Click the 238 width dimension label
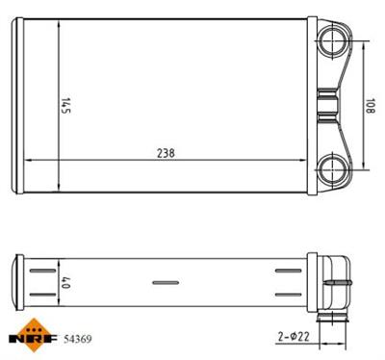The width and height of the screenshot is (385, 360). pyautogui.click(x=166, y=153)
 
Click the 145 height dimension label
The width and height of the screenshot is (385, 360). pyautogui.click(x=66, y=105)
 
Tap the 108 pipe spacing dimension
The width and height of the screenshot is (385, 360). pyautogui.click(x=370, y=105)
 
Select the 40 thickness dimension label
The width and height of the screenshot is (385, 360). pyautogui.click(x=66, y=282)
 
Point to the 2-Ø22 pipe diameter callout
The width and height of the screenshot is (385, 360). pyautogui.click(x=294, y=336)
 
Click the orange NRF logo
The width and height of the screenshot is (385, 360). pyautogui.click(x=33, y=335)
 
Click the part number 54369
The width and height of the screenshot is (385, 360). pyautogui.click(x=78, y=339)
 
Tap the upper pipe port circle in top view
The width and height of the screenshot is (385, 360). pyautogui.click(x=333, y=41)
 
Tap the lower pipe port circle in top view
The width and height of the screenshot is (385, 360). pyautogui.click(x=333, y=168)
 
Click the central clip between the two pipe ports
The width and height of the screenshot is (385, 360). pyautogui.click(x=327, y=105)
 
